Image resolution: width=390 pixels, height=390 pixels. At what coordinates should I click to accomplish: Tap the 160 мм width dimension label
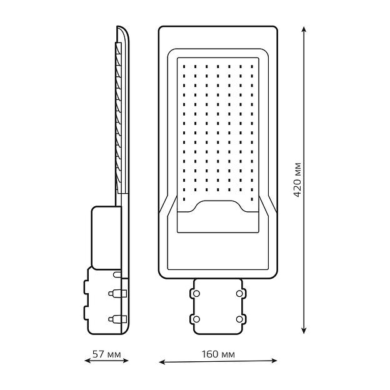point(218,355)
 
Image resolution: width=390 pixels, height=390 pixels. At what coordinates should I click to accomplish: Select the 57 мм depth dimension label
point(106,355)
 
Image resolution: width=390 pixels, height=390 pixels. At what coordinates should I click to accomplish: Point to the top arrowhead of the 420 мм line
point(305,29)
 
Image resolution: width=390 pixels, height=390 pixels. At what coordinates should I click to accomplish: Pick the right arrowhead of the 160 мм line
point(275,361)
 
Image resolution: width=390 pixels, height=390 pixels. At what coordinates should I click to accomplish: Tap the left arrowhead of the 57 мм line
point(87,361)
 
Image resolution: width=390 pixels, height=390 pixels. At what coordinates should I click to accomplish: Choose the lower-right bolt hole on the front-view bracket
point(239,319)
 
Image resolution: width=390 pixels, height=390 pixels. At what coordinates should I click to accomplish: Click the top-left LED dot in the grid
point(184,65)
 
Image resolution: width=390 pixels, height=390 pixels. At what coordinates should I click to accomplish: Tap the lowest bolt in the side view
point(117,319)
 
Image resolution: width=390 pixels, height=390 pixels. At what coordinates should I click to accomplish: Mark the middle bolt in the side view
point(117,292)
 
